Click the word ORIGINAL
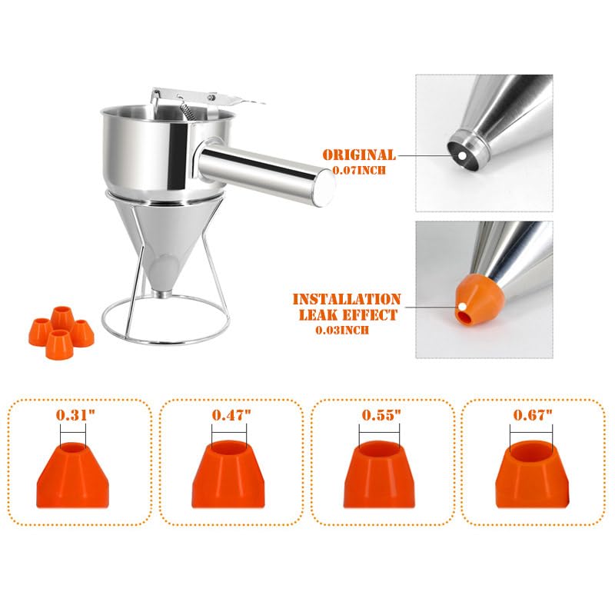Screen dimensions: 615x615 [359, 155]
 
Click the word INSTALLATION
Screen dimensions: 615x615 [347, 299]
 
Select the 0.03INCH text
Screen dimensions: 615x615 [344, 330]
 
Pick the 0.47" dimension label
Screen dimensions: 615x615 [231, 415]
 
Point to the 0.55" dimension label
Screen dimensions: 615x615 [381, 415]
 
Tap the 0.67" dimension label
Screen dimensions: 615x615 [533, 415]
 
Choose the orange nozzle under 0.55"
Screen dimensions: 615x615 [381, 474]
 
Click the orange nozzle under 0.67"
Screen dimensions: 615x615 [533, 474]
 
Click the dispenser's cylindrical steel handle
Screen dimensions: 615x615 [265, 172]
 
